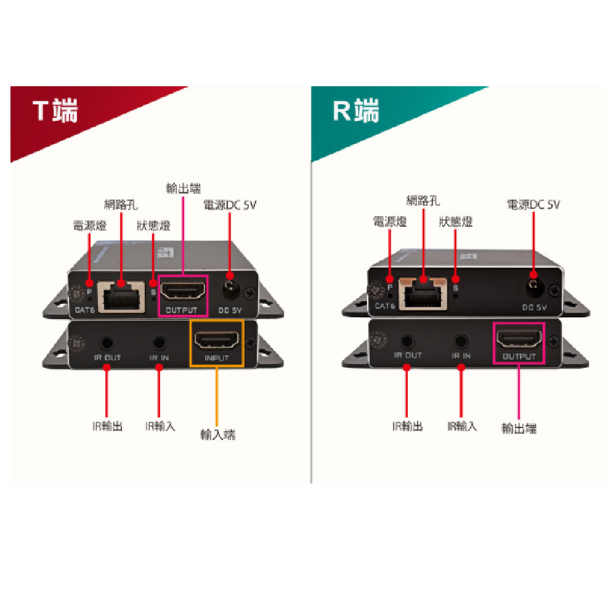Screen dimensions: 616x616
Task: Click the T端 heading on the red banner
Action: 55,111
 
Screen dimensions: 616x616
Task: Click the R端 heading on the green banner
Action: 356,111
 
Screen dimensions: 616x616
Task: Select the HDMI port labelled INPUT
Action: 217,340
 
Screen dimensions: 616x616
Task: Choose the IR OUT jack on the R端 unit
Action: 407,340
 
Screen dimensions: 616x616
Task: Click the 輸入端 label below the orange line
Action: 217,434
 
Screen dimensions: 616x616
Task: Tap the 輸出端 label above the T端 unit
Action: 183,188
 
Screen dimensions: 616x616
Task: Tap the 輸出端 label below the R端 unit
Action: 519,428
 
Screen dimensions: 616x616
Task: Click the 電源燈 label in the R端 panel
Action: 389,222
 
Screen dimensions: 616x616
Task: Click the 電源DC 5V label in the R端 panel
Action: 533,205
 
